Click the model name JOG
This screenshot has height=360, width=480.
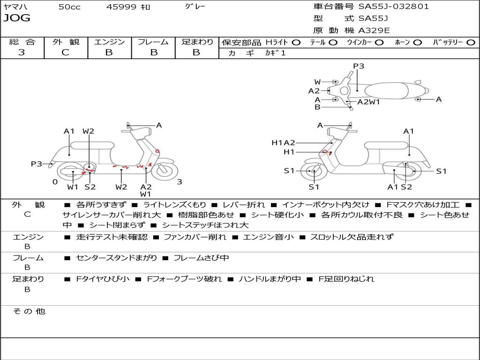pyautogui.click(x=16, y=18)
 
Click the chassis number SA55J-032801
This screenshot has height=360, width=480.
pyautogui.click(x=393, y=7)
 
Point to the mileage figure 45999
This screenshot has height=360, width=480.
pyautogui.click(x=121, y=7)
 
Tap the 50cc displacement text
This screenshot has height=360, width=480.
pyautogui.click(x=68, y=7)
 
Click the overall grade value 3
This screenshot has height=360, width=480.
pyautogui.click(x=22, y=52)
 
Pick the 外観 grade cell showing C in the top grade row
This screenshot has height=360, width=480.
pyautogui.click(x=65, y=52)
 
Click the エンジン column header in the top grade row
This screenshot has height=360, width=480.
pyautogui.click(x=109, y=42)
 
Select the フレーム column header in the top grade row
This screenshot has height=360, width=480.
pyautogui.click(x=153, y=42)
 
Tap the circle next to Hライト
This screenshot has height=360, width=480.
pyautogui.click(x=296, y=43)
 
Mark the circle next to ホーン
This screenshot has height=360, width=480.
pyautogui.click(x=417, y=43)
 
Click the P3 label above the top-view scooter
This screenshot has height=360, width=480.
pyautogui.click(x=359, y=66)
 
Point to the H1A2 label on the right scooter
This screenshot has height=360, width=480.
pyautogui.click(x=283, y=143)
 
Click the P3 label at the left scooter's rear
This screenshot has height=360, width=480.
pyautogui.click(x=37, y=164)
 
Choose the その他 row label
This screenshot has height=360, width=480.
pyautogui.click(x=29, y=311)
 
